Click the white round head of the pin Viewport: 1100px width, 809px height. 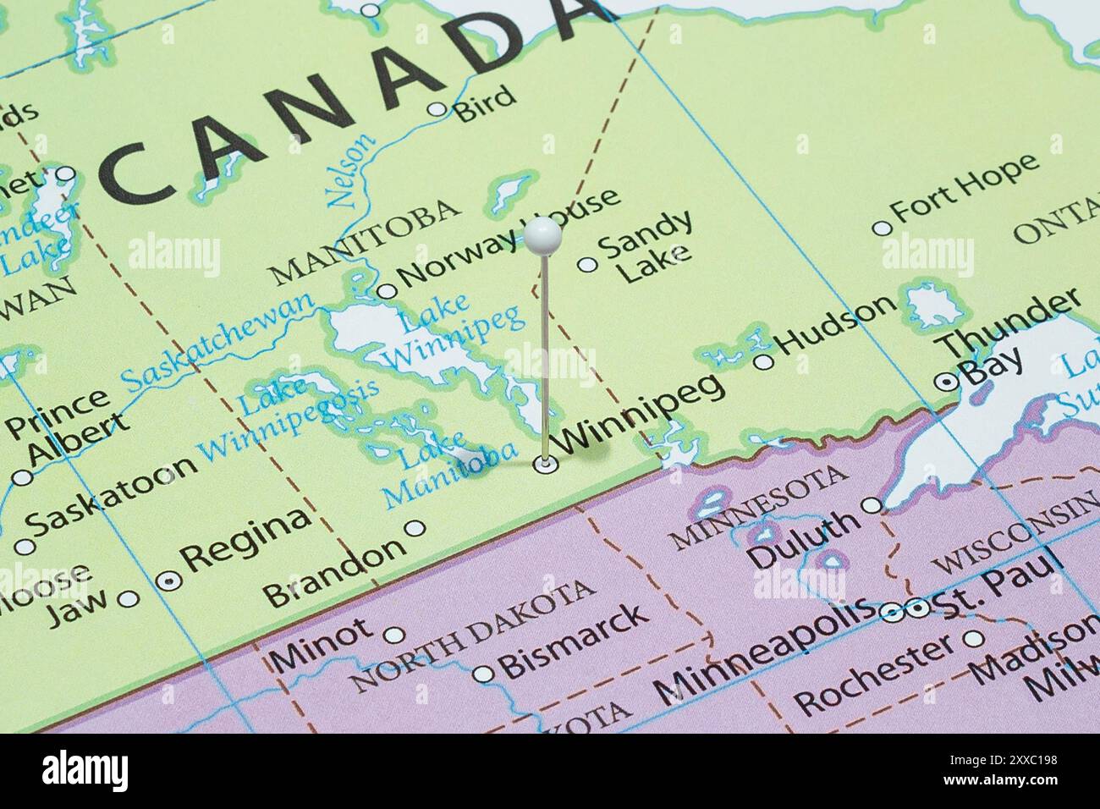pos(541,234)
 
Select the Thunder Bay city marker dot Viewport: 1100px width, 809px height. pos(948,382)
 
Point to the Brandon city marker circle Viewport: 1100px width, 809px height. pos(414,528)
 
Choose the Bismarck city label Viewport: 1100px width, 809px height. pos(575,640)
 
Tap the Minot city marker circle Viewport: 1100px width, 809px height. pos(395,635)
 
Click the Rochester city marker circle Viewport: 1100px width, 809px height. pos(976,639)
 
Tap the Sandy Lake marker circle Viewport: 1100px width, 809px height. pos(587,265)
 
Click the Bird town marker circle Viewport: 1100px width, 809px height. pos(437,108)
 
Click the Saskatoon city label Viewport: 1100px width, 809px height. pos(111,492)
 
